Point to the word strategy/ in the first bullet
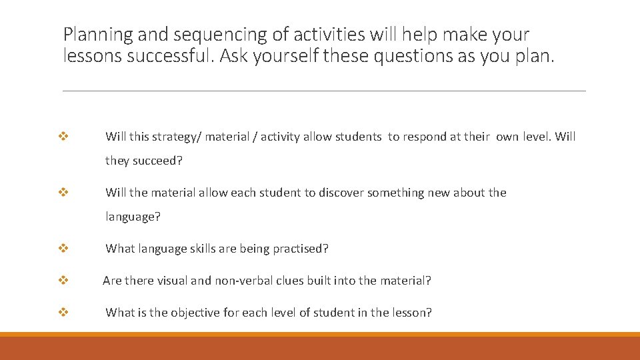pyautogui.click(x=177, y=137)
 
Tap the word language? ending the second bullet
pyautogui.click(x=133, y=217)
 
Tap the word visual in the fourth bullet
pyautogui.click(x=173, y=281)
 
